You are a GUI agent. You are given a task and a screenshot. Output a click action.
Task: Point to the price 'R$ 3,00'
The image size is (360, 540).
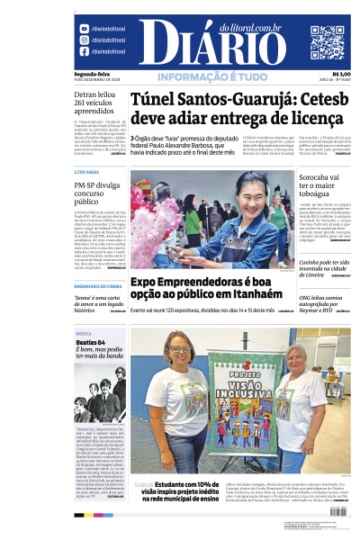coord(340,74)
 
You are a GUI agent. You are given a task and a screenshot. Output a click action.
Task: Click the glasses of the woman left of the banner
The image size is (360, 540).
coord(176,350)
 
